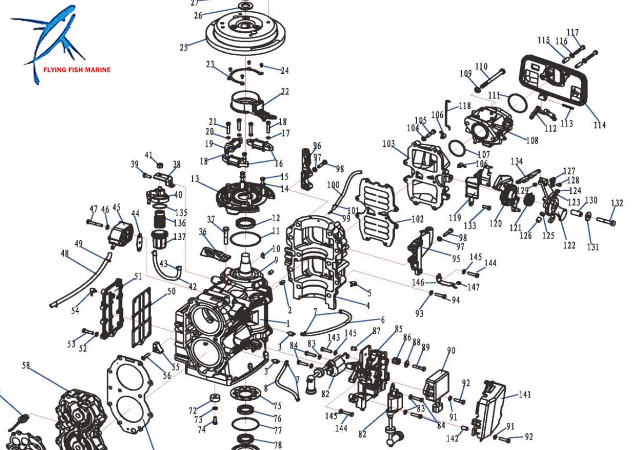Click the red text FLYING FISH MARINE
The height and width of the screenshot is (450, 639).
(x=77, y=70)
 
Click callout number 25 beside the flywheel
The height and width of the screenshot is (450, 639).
(x=184, y=47)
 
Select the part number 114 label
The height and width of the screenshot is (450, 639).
(x=599, y=125)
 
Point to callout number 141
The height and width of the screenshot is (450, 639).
(x=525, y=394)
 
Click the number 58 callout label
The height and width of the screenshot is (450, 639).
(x=26, y=366)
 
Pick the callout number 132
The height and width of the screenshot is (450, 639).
(x=617, y=203)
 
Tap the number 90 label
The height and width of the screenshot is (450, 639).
(x=451, y=350)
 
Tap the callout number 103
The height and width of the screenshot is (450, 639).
(x=388, y=144)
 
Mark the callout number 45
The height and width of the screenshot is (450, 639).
(x=116, y=207)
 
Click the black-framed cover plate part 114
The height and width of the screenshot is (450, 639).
(x=554, y=80)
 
